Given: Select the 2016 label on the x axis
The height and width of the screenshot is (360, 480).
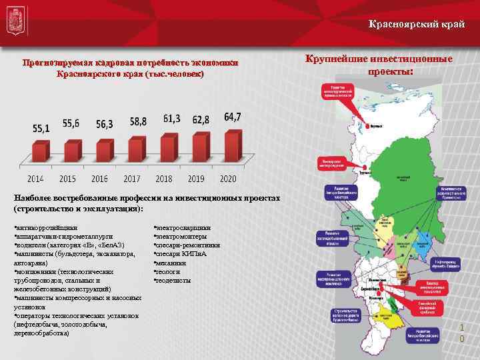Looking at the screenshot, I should (100, 179).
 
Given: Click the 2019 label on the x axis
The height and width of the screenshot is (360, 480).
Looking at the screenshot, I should (195, 179).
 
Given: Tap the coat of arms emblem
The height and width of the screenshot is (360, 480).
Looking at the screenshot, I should (15, 26).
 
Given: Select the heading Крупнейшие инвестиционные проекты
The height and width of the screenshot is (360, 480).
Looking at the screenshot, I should (378, 65).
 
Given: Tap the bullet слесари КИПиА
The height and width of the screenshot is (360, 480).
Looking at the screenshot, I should (181, 254).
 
